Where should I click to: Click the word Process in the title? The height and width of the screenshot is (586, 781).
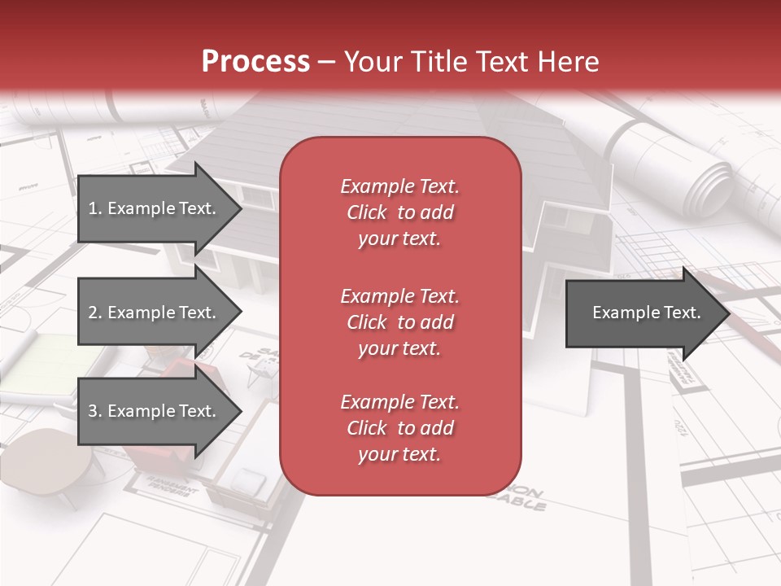pyautogui.click(x=255, y=61)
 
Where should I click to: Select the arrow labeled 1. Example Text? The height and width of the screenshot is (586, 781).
pyautogui.click(x=155, y=208)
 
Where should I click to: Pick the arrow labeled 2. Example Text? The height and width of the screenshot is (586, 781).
pyautogui.click(x=155, y=313)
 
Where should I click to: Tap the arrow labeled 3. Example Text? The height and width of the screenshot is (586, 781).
pyautogui.click(x=155, y=411)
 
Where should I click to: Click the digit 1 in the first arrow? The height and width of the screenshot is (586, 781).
pyautogui.click(x=93, y=208)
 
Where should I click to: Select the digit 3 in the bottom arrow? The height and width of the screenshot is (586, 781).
pyautogui.click(x=93, y=411)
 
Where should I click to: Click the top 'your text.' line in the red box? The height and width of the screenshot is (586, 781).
pyautogui.click(x=399, y=239)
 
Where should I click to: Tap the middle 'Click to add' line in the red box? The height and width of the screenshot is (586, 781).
pyautogui.click(x=399, y=322)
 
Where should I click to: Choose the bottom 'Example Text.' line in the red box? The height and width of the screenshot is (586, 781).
pyautogui.click(x=399, y=402)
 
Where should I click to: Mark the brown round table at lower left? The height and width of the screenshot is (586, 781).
pyautogui.click(x=49, y=460)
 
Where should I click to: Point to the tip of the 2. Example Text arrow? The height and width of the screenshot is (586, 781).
pyautogui.click(x=240, y=313)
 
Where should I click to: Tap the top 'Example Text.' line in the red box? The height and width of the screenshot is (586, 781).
pyautogui.click(x=399, y=186)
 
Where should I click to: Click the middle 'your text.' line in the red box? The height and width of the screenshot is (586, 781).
pyautogui.click(x=399, y=348)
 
